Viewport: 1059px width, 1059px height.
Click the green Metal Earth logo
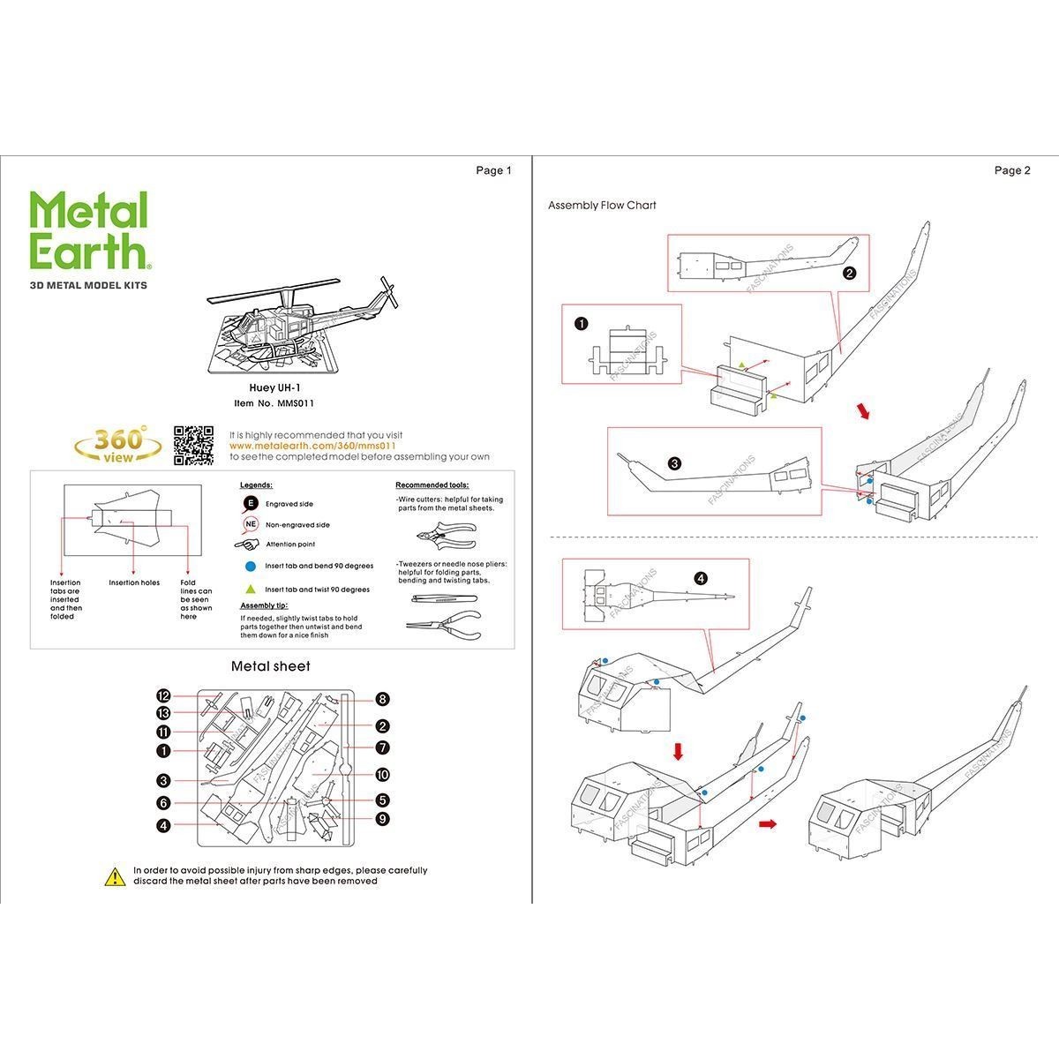(x=88, y=230)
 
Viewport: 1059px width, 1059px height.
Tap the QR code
(x=193, y=445)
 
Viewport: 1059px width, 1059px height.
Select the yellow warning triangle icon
(x=115, y=876)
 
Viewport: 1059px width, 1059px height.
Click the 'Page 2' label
(x=1012, y=170)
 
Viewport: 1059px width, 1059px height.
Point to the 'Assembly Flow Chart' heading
(x=602, y=206)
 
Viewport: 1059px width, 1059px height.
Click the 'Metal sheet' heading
(x=270, y=666)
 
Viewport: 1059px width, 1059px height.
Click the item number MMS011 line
(x=274, y=403)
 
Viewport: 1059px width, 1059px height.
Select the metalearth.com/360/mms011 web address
(x=312, y=446)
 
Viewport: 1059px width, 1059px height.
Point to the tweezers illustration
(x=444, y=599)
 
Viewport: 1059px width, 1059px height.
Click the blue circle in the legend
(x=251, y=566)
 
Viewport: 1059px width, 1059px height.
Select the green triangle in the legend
(x=251, y=589)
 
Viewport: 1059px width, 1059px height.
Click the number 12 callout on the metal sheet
(x=163, y=695)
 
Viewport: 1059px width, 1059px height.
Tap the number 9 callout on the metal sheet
(x=382, y=819)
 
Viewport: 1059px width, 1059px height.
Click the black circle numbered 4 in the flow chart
(x=701, y=579)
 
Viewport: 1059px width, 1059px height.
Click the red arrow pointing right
(x=768, y=824)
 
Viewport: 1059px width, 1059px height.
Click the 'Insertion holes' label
(x=134, y=582)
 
